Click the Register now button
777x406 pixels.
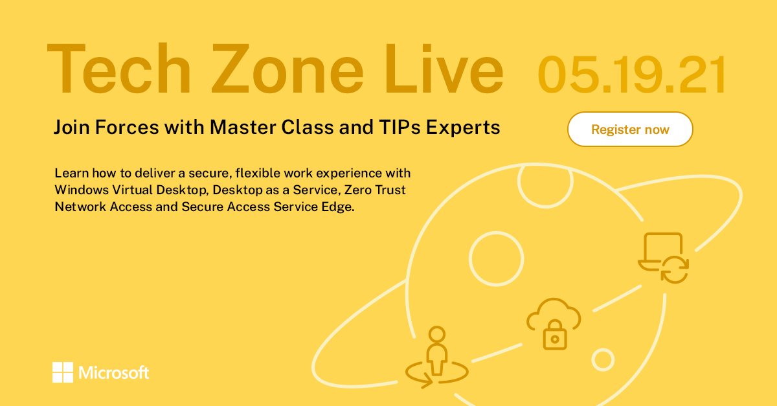[x=630, y=130]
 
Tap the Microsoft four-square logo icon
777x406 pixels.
[x=63, y=372]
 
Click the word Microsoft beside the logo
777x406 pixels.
[x=114, y=373]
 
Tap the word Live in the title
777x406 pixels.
[x=440, y=70]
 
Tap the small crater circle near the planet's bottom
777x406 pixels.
[x=603, y=359]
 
